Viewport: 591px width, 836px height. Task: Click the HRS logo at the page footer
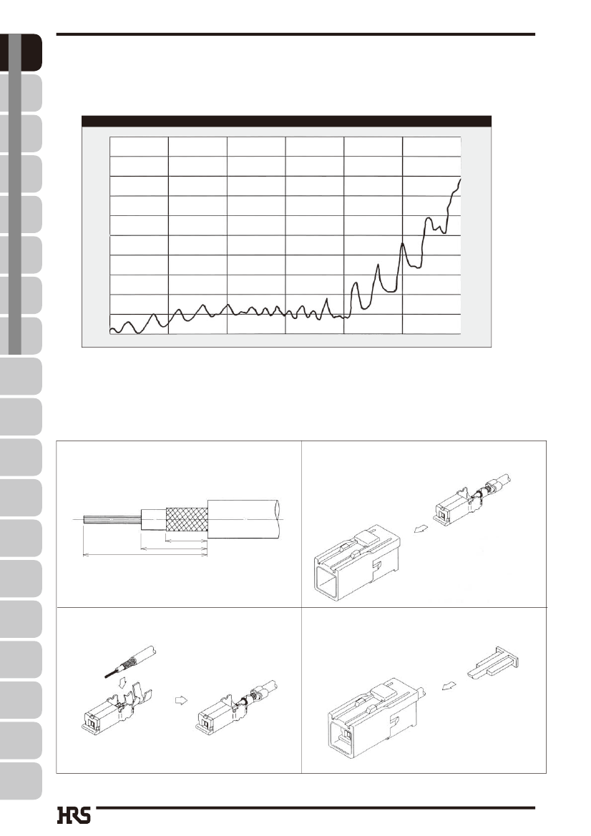(x=74, y=815)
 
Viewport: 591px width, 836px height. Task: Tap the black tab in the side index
(x=21, y=52)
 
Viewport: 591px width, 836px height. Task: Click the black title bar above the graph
(x=286, y=121)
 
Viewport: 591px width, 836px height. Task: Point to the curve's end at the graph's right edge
(x=460, y=180)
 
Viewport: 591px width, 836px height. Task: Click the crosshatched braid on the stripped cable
(x=187, y=519)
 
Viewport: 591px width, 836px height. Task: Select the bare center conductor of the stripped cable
(x=112, y=518)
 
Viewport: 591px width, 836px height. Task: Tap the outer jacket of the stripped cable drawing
(x=245, y=518)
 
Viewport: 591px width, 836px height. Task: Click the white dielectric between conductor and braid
(x=154, y=519)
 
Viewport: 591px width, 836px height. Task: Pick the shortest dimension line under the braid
(x=187, y=540)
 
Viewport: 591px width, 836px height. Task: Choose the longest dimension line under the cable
(x=145, y=554)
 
